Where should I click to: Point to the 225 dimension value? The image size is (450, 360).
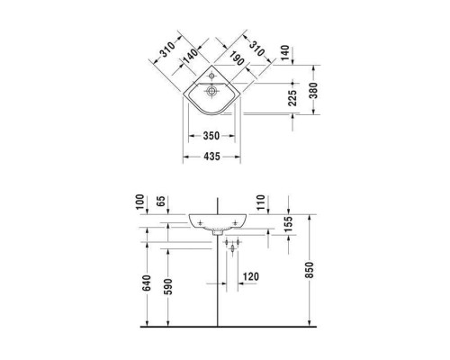[x=290, y=99]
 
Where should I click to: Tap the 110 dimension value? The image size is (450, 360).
[x=261, y=201]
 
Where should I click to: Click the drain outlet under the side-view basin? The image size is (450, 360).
[x=219, y=231]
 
